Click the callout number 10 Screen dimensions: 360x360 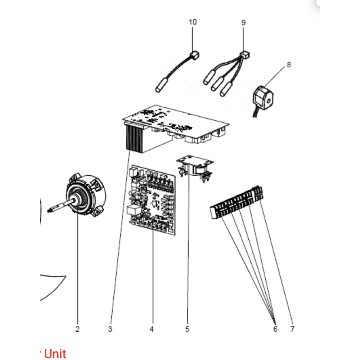[x=193, y=22]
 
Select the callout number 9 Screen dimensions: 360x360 [x=243, y=22]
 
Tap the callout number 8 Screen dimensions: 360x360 [x=289, y=65]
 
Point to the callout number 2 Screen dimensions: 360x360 [x=77, y=329]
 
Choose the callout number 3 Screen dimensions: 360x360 [x=110, y=329]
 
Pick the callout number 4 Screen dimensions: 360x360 [x=152, y=329]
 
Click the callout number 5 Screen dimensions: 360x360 [x=187, y=329]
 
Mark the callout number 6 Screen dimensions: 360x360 [x=275, y=329]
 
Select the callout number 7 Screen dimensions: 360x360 [x=292, y=329]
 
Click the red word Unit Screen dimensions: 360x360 [x=55, y=354]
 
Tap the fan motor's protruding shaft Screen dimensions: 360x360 [x=61, y=206]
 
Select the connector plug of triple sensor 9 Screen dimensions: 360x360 [x=245, y=55]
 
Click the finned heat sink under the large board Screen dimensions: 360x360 [x=134, y=138]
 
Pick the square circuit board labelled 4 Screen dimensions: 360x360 [x=152, y=200]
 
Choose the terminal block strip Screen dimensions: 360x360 [x=237, y=202]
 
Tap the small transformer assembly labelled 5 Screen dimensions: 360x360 [x=195, y=168]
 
